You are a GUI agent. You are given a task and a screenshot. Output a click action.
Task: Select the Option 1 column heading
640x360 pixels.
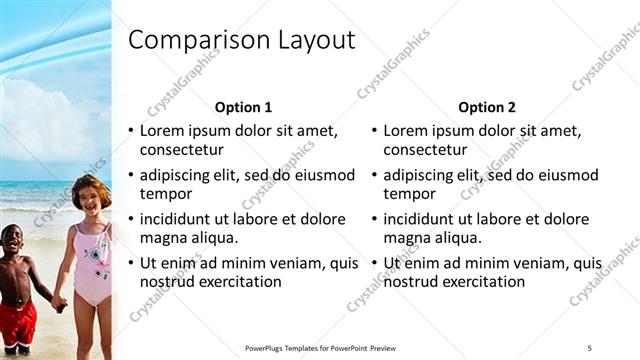point(243,107)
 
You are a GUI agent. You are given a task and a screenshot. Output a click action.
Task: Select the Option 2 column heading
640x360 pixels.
point(487,107)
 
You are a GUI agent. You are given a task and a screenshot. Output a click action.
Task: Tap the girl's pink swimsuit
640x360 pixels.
point(92,266)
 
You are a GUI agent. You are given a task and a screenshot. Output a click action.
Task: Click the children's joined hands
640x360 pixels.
point(59,301)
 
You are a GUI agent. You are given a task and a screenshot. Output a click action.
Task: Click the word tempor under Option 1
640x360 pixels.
point(165,194)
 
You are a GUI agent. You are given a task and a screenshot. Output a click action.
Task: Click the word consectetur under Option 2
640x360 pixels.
point(425,150)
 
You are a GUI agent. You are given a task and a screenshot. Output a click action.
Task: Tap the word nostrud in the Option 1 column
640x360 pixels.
point(166,282)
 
